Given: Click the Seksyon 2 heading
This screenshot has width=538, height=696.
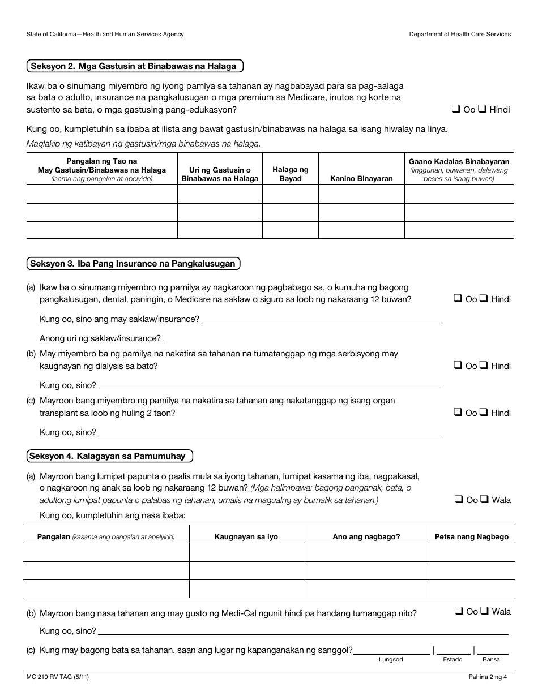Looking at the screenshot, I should click(135, 66).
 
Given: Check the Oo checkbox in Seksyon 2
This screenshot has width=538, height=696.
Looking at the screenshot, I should click(455, 109).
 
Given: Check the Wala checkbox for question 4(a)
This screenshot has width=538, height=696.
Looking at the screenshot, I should click(484, 500).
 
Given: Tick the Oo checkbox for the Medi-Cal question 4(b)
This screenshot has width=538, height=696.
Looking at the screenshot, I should click(458, 611).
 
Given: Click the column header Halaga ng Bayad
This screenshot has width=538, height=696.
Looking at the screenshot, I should click(291, 174).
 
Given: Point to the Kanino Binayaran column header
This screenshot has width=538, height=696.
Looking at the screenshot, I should click(361, 178).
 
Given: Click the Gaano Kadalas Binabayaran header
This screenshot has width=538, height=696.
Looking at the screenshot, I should click(459, 161).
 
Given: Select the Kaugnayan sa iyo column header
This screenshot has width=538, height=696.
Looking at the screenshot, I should click(246, 536).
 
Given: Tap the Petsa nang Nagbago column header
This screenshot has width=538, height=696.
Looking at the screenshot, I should click(471, 536).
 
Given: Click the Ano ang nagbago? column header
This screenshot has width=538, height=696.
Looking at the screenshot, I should click(366, 536).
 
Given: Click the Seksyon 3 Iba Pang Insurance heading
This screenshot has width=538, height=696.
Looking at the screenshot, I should click(134, 264).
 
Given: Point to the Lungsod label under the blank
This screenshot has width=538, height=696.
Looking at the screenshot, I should click(391, 660).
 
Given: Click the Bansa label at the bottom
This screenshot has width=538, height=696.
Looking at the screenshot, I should click(491, 660).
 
